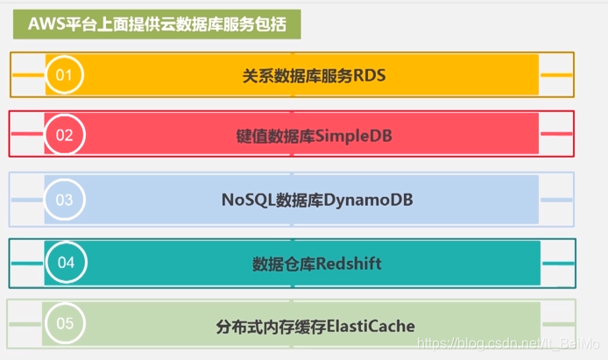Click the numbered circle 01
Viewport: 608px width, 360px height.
click(64, 75)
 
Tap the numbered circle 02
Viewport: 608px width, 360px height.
click(64, 135)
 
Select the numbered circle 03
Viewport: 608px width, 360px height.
click(64, 200)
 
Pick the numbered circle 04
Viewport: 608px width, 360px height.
click(66, 263)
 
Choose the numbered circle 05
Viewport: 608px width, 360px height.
click(65, 324)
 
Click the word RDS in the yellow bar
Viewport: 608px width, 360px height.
click(370, 75)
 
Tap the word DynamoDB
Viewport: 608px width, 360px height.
click(369, 200)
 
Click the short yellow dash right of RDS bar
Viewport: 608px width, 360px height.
click(556, 75)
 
